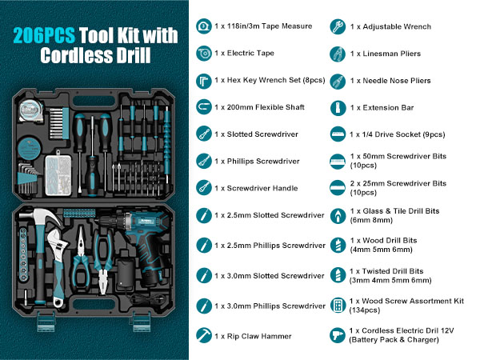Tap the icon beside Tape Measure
tap(202, 26)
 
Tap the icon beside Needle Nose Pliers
tap(338, 81)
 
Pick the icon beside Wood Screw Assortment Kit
tap(338, 306)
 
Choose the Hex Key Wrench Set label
tap(269, 81)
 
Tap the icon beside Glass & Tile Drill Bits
tap(338, 216)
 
